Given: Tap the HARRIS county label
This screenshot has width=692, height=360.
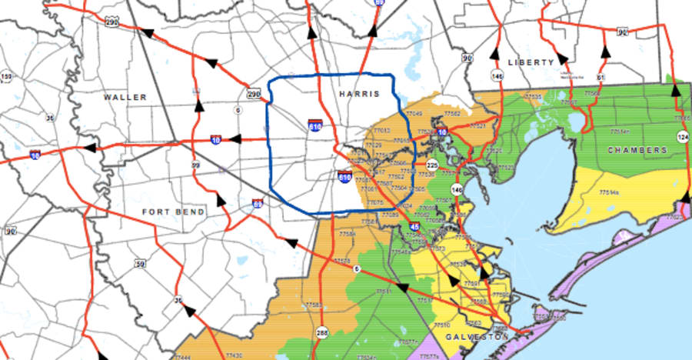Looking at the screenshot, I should coord(359,93).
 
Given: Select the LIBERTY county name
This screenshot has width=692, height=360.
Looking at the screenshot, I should coord(531,62).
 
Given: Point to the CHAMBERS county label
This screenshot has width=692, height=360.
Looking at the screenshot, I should coord(637,150).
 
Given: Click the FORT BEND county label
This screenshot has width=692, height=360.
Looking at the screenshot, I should coord(174,211).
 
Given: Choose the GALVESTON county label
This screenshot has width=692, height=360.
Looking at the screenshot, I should coord(476,337).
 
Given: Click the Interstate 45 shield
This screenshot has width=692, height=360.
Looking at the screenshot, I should coord(415,227).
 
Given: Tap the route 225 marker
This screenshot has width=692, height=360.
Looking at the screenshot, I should coord(432,165).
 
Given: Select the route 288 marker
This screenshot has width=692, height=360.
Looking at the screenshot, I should coord(321,333).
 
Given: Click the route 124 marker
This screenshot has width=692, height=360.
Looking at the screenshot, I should coord(682,136).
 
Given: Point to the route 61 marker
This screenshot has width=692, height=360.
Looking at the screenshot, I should coord(601,78).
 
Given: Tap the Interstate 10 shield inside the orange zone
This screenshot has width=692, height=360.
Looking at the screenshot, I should coord(442,132).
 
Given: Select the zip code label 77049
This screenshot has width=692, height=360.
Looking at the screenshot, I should coord(414,114).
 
